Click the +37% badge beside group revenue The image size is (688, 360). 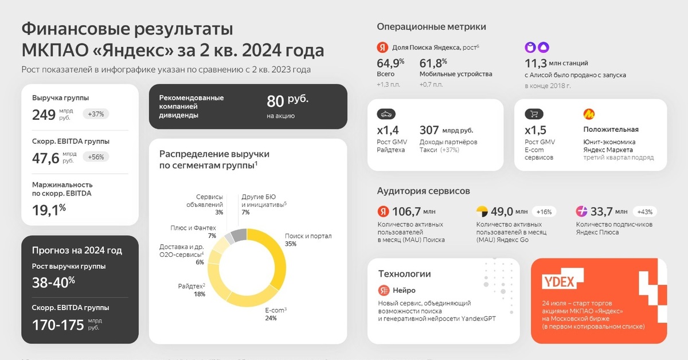click(96, 114)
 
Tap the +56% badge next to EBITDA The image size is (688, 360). click(96, 157)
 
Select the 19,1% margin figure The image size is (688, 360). click(49, 209)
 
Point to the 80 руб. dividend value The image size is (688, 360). click(287, 101)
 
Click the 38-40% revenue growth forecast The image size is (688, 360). click(53, 282)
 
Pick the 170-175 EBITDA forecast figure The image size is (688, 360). click(58, 325)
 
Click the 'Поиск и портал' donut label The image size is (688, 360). click(308, 236)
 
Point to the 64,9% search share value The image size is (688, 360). click(390, 62)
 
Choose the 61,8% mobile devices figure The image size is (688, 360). click(433, 62)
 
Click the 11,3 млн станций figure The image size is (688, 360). click(556, 63)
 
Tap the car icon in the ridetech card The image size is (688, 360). click(386, 114)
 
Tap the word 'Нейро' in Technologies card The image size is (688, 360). click(404, 290)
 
